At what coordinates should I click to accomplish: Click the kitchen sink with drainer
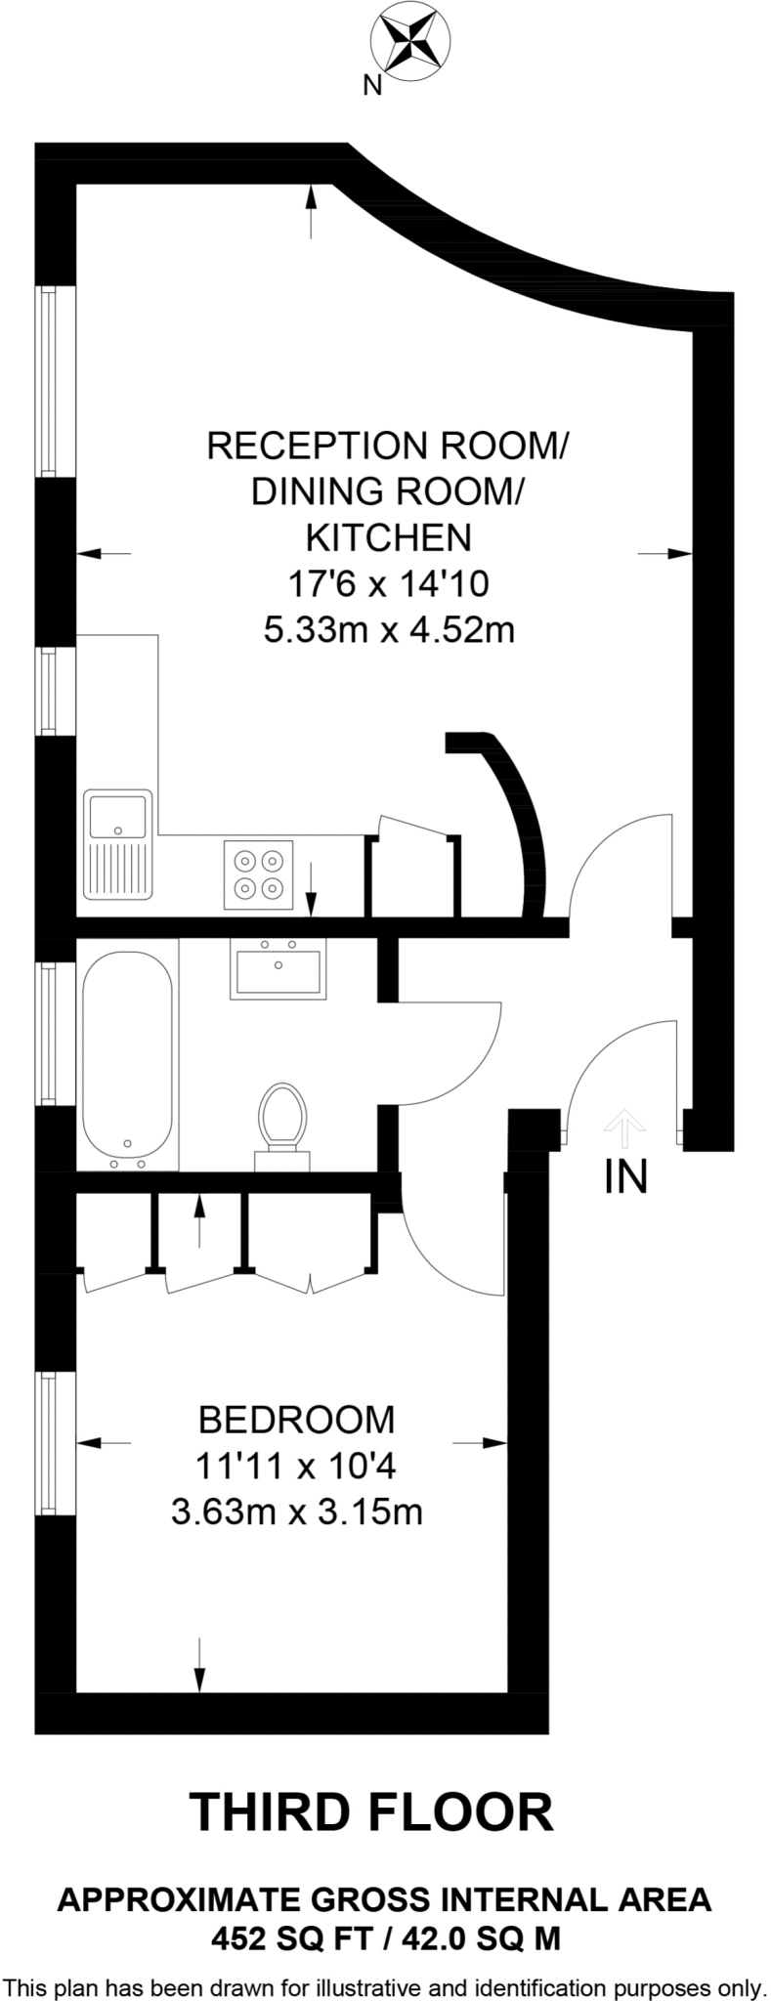pyautogui.click(x=116, y=844)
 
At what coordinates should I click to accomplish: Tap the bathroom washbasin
pyautogui.click(x=278, y=966)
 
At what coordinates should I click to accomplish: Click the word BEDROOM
pyautogui.click(x=297, y=1418)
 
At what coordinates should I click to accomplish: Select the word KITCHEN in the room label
pyautogui.click(x=388, y=537)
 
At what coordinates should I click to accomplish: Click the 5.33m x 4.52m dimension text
pyautogui.click(x=388, y=630)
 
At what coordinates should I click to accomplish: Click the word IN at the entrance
pyautogui.click(x=625, y=1176)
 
